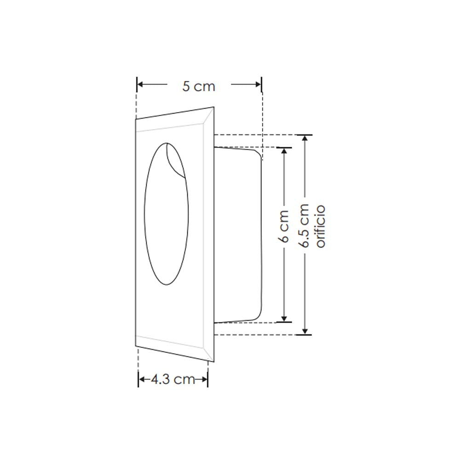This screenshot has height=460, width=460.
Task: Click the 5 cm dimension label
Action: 198,86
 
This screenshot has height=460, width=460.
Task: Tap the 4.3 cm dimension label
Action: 172,379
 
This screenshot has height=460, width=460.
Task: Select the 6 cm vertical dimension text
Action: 284,226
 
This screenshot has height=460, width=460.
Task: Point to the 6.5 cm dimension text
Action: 304,226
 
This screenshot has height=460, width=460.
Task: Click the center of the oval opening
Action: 166,214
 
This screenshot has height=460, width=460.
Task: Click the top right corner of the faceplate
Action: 214,107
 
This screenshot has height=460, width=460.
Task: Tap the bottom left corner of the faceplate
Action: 136,345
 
